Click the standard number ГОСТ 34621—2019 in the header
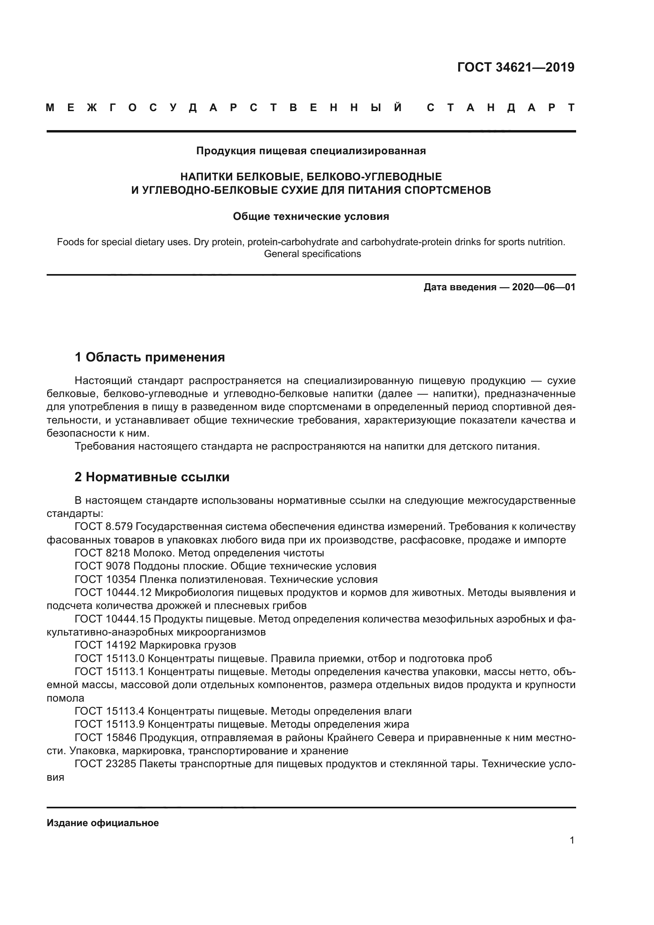tap(516, 67)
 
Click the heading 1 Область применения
tap(150, 357)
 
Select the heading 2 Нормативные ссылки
tap(152, 477)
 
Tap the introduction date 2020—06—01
tap(544, 287)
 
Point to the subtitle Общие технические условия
tap(311, 216)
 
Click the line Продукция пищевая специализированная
tap(311, 151)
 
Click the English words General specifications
tap(312, 254)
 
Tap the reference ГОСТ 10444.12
tap(113, 593)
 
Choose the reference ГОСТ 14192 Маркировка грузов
tap(155, 645)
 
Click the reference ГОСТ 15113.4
tap(110, 711)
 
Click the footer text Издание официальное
tap(103, 823)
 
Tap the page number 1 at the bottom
tap(572, 840)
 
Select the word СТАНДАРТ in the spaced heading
tap(501, 108)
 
